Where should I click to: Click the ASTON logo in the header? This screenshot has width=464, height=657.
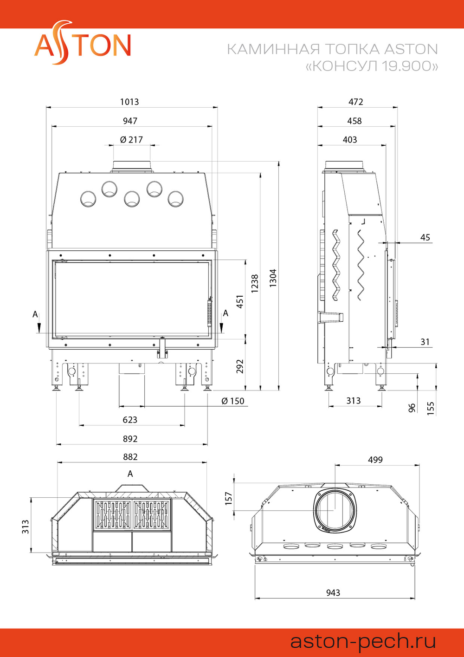click(x=83, y=43)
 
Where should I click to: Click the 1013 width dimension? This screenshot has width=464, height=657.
click(x=129, y=102)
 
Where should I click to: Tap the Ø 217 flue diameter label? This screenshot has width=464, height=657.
click(x=131, y=140)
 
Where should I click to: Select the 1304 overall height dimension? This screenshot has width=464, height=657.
click(x=273, y=278)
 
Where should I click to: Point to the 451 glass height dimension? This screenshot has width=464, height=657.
click(x=240, y=301)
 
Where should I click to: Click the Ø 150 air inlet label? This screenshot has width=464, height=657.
click(x=233, y=401)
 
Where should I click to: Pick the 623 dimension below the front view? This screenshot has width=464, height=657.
click(x=130, y=420)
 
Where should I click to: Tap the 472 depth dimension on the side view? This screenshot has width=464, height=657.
click(x=356, y=102)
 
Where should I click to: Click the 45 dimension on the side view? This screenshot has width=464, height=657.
click(x=425, y=237)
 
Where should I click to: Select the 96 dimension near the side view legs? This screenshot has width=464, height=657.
click(x=412, y=408)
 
